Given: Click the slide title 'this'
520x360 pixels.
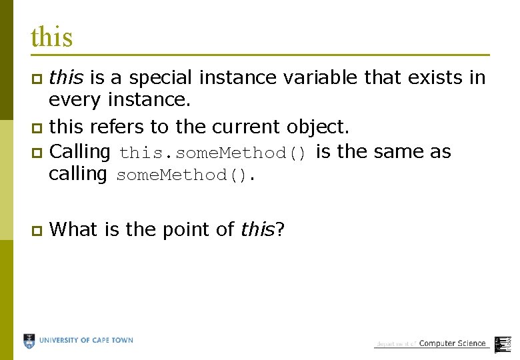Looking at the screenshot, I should pyautogui.click(x=51, y=37).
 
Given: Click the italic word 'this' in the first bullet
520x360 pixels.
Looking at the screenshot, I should pyautogui.click(x=66, y=78).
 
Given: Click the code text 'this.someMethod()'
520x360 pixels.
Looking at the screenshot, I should pyautogui.click(x=213, y=153).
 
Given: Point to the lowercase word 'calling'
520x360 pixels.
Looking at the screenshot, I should pyautogui.click(x=78, y=175).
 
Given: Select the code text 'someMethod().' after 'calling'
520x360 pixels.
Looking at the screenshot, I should pyautogui.click(x=186, y=176).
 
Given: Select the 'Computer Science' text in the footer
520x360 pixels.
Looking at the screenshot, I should pyautogui.click(x=452, y=343).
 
